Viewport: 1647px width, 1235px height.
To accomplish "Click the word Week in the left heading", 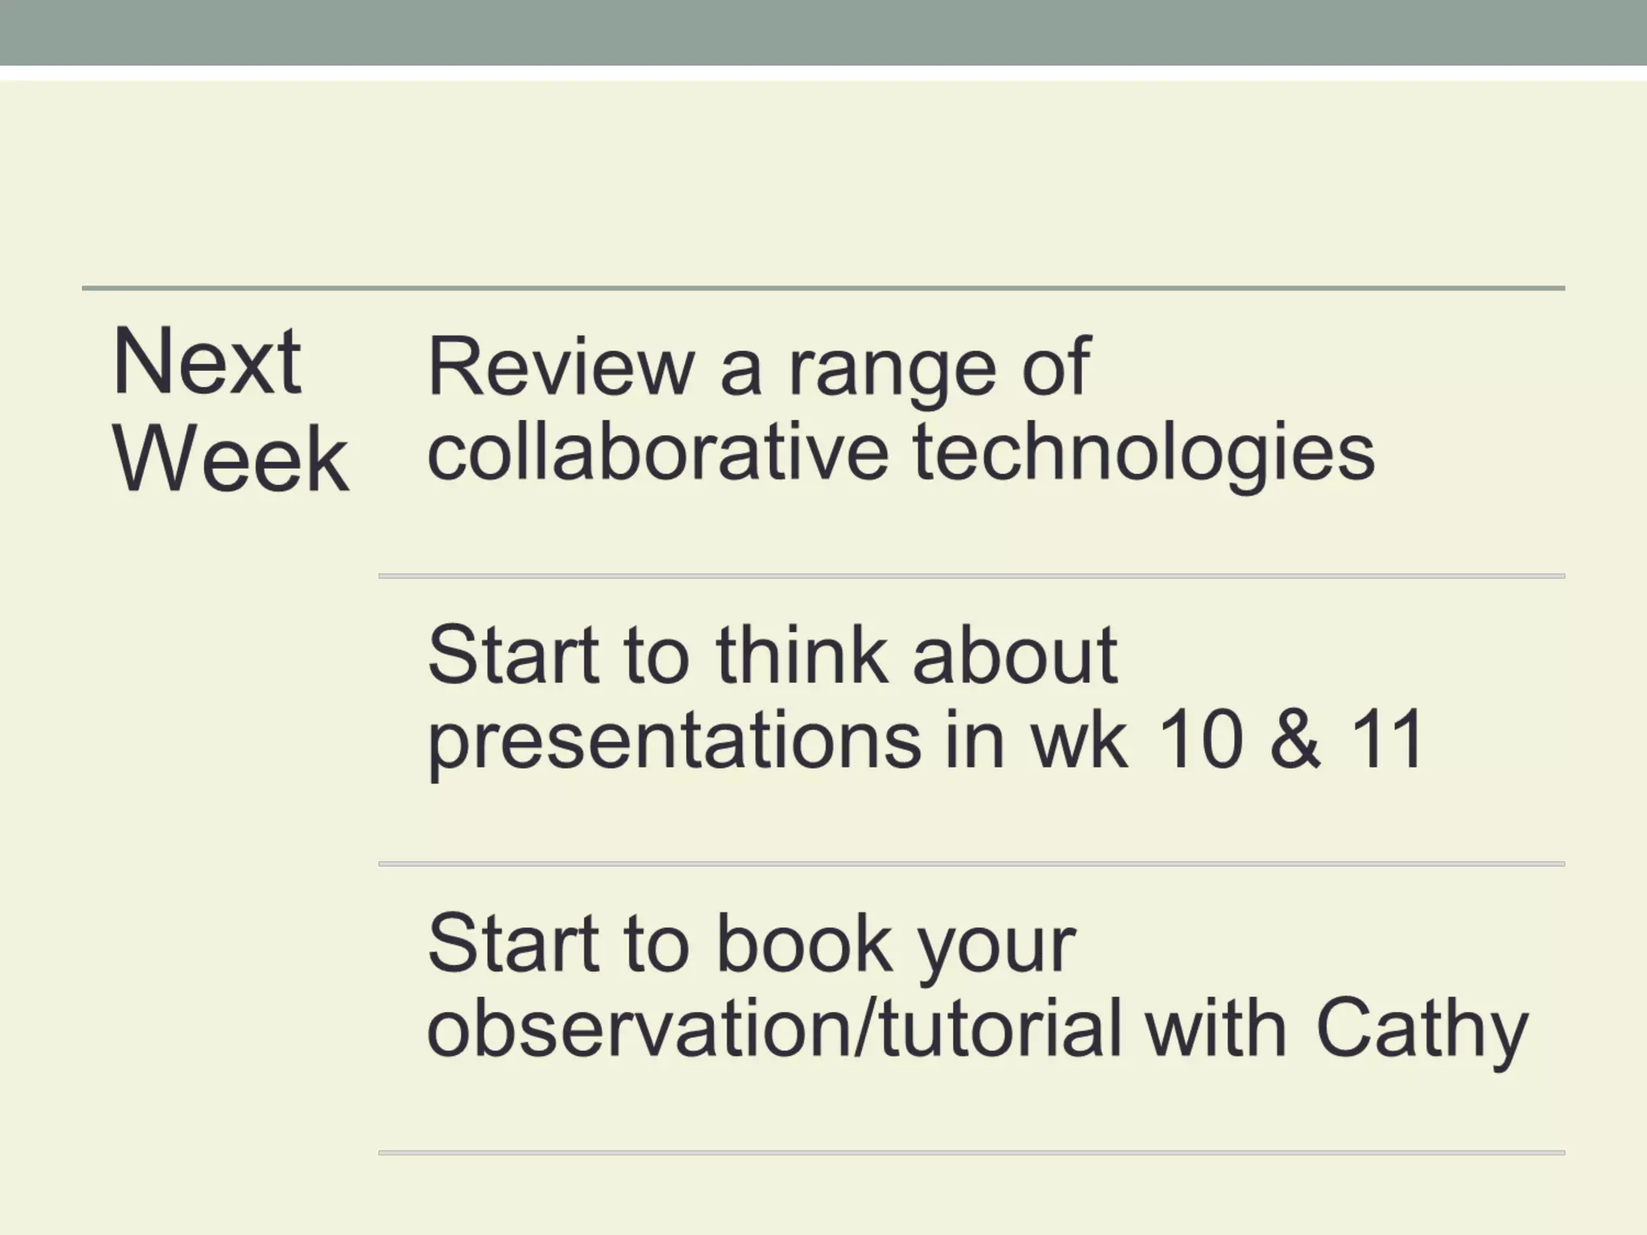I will click(231, 459).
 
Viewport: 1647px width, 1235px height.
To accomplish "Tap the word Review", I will click(561, 367).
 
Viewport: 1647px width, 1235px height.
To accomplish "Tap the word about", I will click(1014, 655).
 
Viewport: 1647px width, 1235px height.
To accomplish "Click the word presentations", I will click(674, 741).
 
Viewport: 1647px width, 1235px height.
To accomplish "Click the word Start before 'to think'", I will click(513, 655).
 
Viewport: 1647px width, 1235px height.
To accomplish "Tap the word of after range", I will click(1056, 367).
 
